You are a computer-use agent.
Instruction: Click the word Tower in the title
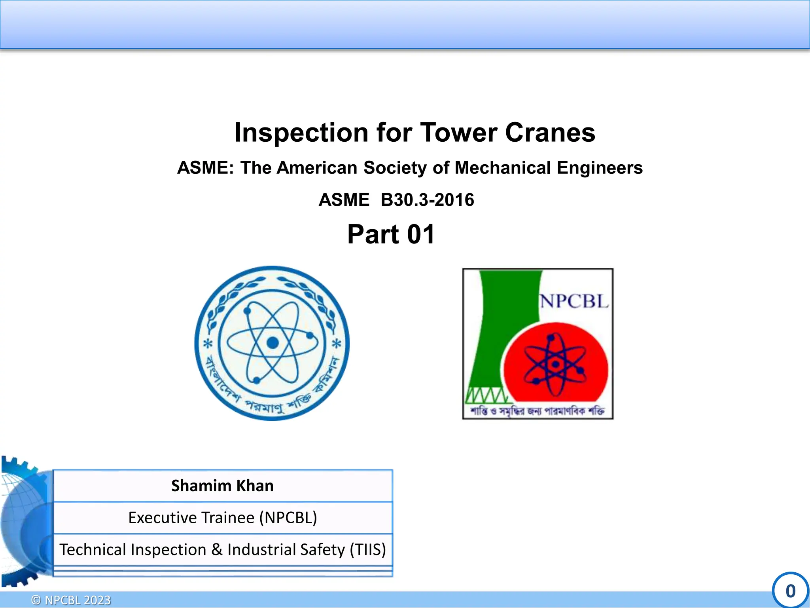[x=458, y=132]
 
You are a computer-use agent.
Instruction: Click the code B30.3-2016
[x=427, y=200]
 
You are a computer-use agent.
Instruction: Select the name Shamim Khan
[x=222, y=486]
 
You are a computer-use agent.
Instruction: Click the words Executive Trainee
[x=191, y=518]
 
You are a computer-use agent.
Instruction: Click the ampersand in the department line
[x=216, y=550]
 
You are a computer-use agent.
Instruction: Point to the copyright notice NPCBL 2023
[x=78, y=600]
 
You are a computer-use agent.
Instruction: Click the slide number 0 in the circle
[x=790, y=591]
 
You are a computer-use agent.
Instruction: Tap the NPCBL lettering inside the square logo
[x=574, y=301]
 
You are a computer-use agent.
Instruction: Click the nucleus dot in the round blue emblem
[x=273, y=343]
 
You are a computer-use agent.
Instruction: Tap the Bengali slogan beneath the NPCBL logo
[x=537, y=411]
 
